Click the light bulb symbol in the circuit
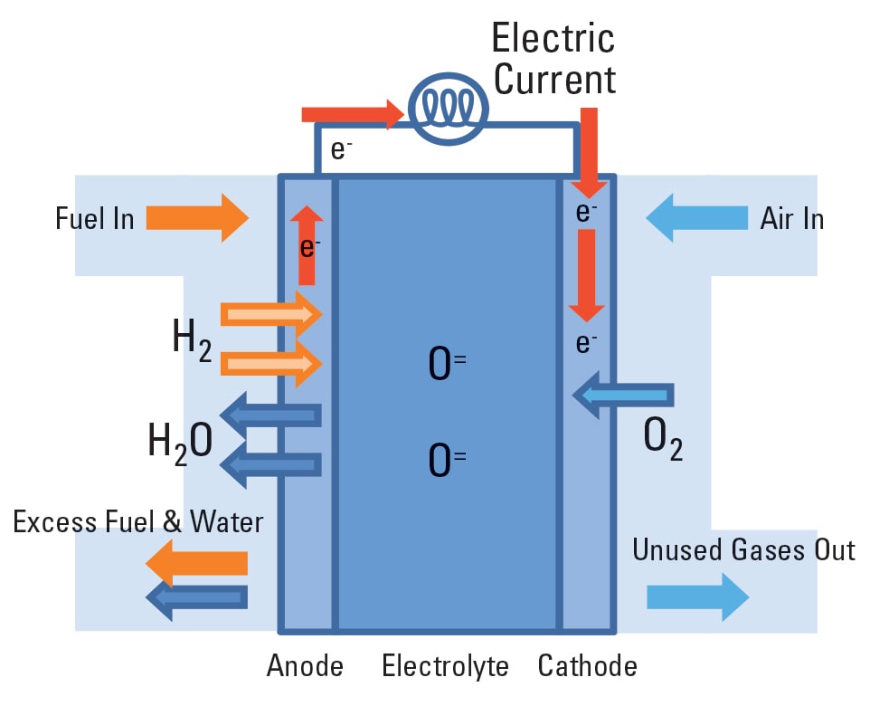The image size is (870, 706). pyautogui.click(x=449, y=109)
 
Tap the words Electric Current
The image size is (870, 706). pyautogui.click(x=553, y=59)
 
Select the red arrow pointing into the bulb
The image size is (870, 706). pyautogui.click(x=353, y=114)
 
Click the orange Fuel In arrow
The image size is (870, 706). pyautogui.click(x=197, y=218)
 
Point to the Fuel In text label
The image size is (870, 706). pyautogui.click(x=95, y=219)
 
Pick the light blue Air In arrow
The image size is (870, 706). pyautogui.click(x=697, y=218)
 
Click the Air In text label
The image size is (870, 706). pyautogui.click(x=792, y=219)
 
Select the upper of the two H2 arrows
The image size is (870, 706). pyautogui.click(x=271, y=315)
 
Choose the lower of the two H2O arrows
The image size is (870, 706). pyautogui.click(x=271, y=464)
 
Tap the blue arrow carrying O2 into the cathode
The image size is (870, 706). pyautogui.click(x=624, y=395)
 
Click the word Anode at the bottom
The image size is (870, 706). pyautogui.click(x=305, y=667)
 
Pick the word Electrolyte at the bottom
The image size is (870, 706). pyautogui.click(x=445, y=667)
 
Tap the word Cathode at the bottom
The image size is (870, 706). pyautogui.click(x=587, y=667)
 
